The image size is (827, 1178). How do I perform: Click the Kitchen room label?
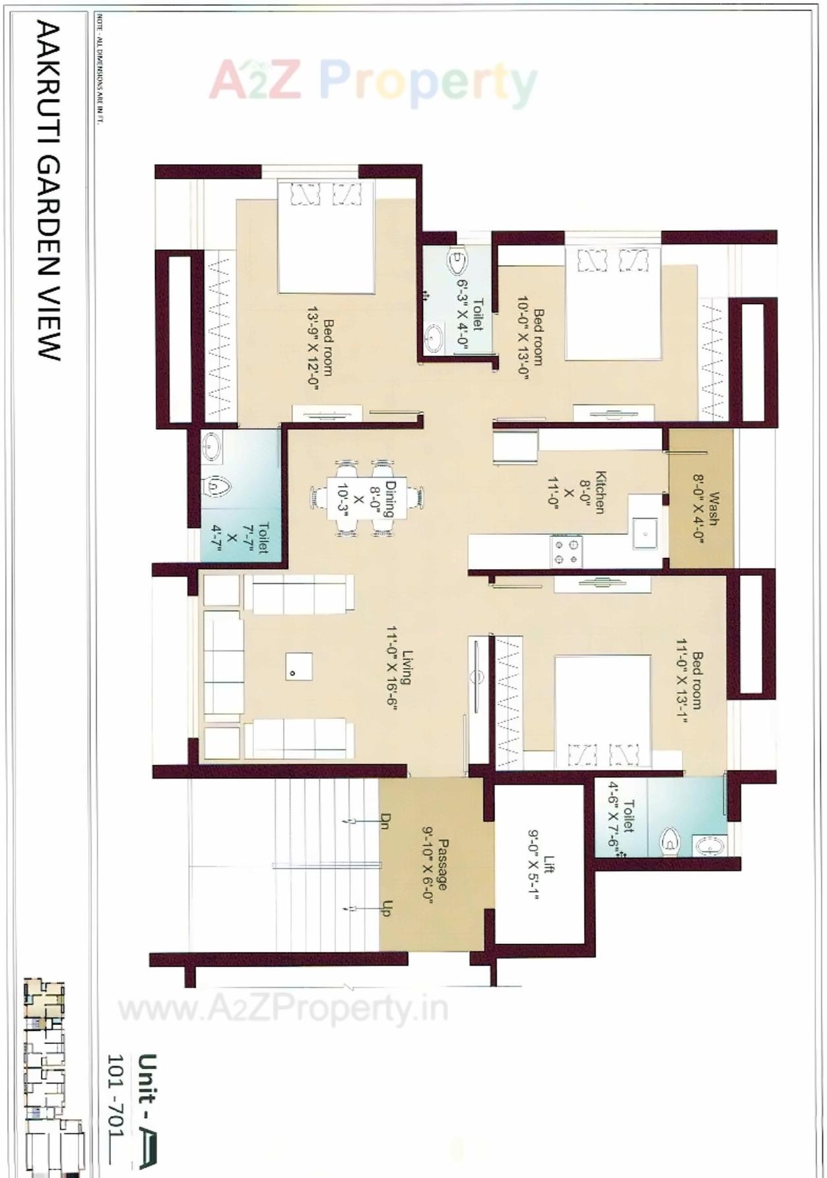(600, 491)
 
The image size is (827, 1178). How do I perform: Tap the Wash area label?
(713, 508)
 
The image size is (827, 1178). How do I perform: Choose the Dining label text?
(390, 499)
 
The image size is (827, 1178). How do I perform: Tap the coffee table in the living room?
(299, 666)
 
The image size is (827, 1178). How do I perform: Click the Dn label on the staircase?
(385, 821)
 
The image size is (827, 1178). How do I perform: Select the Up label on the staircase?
(387, 908)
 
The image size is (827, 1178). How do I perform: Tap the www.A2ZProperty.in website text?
(284, 1008)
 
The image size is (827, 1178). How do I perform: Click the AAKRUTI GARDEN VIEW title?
(48, 191)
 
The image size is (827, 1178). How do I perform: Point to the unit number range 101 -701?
(116, 1095)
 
